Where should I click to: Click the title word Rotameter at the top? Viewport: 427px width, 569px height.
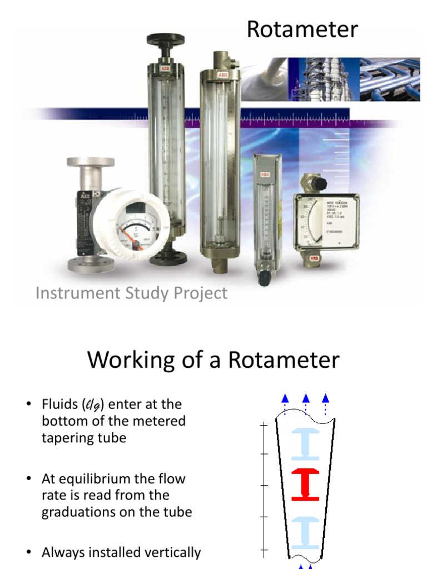(302, 29)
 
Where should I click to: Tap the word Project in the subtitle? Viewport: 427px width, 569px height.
(200, 293)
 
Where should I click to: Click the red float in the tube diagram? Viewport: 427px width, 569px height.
(305, 484)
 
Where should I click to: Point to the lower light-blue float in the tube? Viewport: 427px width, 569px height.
(305, 532)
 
